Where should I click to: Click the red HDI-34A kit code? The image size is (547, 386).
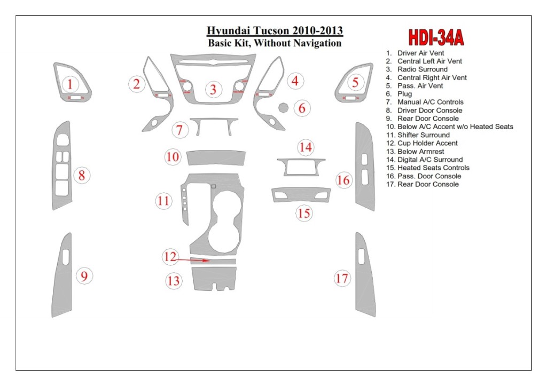tap(436, 37)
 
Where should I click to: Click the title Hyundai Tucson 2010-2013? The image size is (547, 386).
tap(275, 31)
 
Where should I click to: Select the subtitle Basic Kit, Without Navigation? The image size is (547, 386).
tap(275, 43)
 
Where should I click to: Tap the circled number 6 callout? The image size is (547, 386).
tap(302, 108)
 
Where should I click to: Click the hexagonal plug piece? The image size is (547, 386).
tap(283, 108)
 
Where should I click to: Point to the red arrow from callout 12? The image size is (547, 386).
tap(192, 261)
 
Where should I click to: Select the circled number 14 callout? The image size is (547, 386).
tap(306, 147)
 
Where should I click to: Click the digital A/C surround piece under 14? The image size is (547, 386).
tap(301, 167)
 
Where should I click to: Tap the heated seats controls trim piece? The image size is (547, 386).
tap(301, 195)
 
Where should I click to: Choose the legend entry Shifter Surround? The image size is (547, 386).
tap(423, 135)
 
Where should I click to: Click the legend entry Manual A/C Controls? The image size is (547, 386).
tap(430, 102)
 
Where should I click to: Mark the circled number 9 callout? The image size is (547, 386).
tap(84, 275)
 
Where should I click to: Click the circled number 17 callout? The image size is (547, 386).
tap(342, 278)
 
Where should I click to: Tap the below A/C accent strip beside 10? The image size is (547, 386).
tap(216, 157)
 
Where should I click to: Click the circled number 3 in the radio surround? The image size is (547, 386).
tap(213, 89)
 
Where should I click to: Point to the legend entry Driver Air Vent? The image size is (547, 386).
tap(420, 53)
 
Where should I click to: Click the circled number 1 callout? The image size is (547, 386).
tap(70, 84)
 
